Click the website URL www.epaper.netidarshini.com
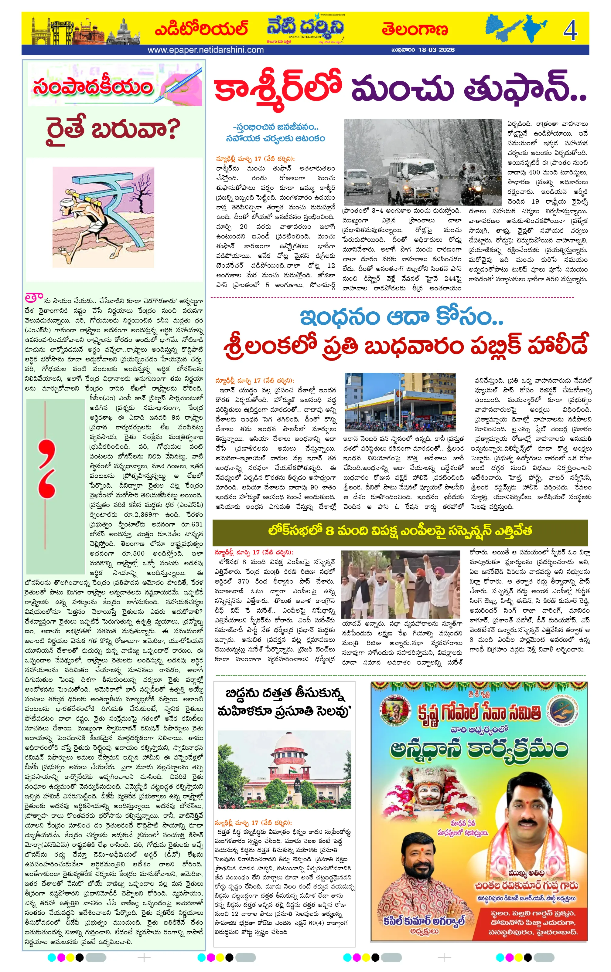[x=206, y=50]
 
